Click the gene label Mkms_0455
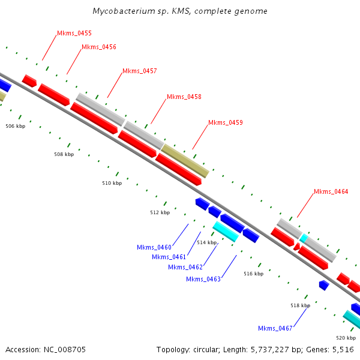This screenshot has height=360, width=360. point(74,34)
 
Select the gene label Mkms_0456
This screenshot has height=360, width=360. point(99,47)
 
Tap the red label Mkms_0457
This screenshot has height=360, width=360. point(140,71)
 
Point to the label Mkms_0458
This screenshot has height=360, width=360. point(184,97)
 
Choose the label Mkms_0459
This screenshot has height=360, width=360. point(226,122)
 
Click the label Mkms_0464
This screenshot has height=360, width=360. point(331,191)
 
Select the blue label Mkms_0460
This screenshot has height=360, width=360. point(154,247)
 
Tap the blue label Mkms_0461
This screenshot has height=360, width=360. point(169,257)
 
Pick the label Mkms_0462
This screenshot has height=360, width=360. point(185,267)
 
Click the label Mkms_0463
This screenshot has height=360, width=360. point(203,279)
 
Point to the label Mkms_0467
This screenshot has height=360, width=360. point(275,328)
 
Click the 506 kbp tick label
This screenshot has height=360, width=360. point(16,126)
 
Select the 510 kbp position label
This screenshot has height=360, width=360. point(112,183)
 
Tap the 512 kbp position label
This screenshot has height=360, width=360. point(160,212)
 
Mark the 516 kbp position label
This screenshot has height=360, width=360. point(253,274)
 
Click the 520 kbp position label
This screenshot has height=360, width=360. point(346,338)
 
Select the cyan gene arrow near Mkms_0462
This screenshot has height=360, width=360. point(226,231)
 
